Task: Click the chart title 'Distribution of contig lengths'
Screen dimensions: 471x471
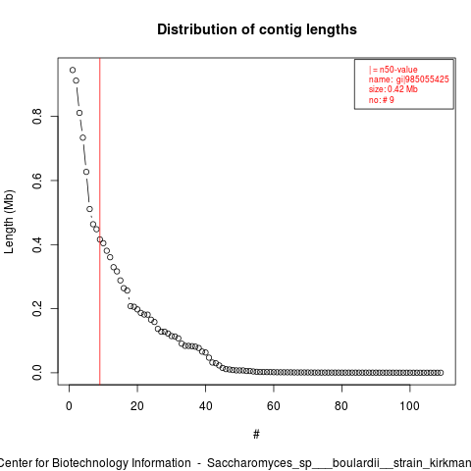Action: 257,29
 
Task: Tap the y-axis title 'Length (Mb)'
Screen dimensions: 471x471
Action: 9,222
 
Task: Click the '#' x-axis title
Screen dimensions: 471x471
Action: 256,435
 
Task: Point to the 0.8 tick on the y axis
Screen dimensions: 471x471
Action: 37,116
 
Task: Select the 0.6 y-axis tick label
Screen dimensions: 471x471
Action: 37,181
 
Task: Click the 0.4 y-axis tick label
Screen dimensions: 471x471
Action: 37,244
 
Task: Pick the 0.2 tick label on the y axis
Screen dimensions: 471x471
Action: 37,308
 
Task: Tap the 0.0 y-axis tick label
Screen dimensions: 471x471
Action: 37,373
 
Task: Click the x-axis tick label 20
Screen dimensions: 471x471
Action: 137,406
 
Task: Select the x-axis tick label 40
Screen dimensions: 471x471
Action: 205,406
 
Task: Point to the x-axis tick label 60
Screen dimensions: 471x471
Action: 274,406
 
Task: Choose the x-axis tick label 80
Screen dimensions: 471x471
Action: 341,406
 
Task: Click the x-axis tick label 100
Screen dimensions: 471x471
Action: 409,406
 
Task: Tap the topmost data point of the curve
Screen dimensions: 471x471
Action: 73,70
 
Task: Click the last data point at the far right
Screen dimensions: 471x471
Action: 441,373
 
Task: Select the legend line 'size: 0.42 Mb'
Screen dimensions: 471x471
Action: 392,89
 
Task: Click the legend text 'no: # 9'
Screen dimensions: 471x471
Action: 382,99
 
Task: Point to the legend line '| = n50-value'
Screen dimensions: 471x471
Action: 392,70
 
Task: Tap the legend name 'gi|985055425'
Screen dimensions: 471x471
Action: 423,79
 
